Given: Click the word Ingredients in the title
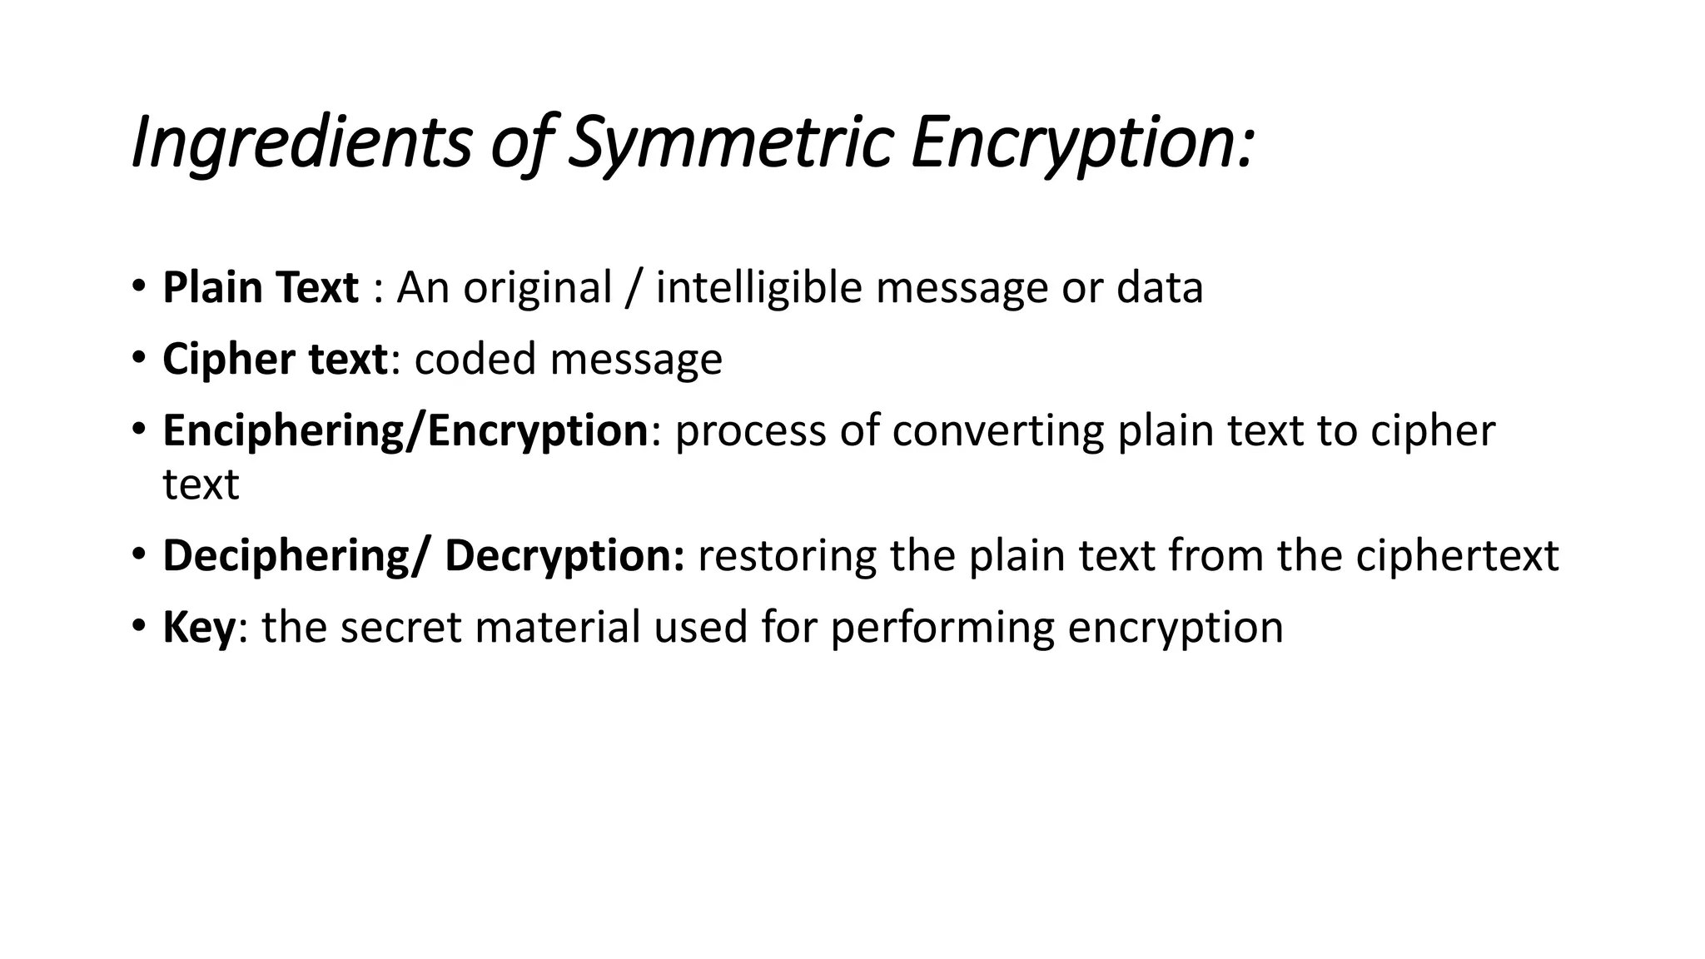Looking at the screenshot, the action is click(x=301, y=143).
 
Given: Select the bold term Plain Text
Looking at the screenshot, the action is click(x=261, y=288).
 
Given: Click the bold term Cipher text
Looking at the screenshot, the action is click(x=275, y=360).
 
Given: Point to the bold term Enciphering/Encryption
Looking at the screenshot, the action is click(x=405, y=431).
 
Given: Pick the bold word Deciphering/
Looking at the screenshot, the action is click(x=297, y=556).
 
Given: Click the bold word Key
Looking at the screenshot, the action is click(x=200, y=628).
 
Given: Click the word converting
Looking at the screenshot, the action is click(x=997, y=431).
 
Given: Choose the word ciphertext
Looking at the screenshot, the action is click(x=1457, y=556).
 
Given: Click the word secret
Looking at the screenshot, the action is click(x=400, y=628).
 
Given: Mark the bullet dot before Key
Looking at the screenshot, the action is click(x=138, y=624).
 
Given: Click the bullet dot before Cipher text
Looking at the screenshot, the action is click(x=138, y=356).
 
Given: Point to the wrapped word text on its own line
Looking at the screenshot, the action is click(x=201, y=484).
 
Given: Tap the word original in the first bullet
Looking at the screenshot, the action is click(x=538, y=290).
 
